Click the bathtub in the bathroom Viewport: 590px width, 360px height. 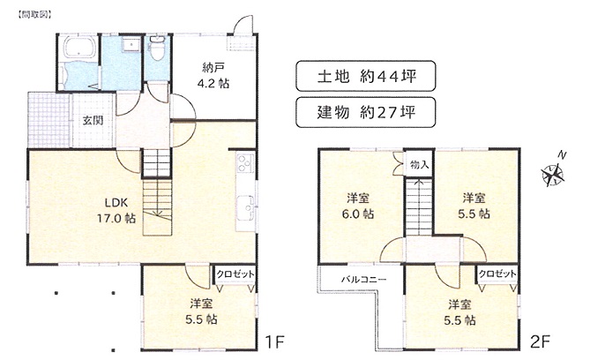point(79,47)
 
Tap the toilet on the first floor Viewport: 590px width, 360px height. point(156,48)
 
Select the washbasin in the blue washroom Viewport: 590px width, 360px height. point(130,44)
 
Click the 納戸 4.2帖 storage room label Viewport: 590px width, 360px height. point(213,76)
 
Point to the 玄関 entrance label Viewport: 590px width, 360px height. point(93,121)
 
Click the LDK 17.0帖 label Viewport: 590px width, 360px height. point(116,211)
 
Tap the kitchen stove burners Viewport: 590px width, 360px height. point(245,163)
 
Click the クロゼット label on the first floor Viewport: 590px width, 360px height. point(235,274)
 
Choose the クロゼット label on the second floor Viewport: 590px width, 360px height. point(497,274)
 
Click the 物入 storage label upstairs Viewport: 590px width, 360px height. point(420,165)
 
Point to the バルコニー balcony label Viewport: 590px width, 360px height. point(363,280)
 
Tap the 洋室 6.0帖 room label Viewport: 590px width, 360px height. point(358,206)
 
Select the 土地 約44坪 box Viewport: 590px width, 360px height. point(366,76)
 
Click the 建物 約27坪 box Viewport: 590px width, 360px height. point(366,112)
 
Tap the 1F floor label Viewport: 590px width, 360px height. point(274,342)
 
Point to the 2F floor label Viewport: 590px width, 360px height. point(541,342)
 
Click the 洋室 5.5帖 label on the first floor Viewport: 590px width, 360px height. point(201,311)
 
